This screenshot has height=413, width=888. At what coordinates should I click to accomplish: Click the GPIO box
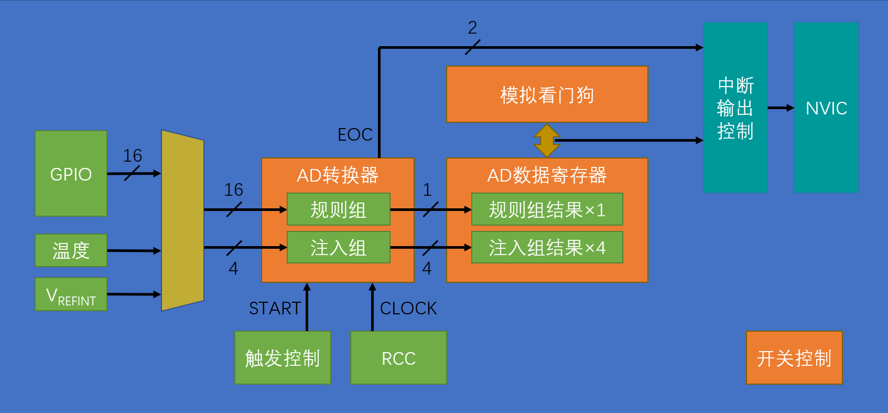point(71,173)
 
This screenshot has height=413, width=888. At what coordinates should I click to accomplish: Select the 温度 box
point(71,250)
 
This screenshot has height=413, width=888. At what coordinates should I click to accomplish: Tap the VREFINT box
point(71,294)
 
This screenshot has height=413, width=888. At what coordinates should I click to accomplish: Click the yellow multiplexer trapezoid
point(182,220)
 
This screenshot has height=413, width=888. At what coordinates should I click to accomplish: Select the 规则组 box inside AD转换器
point(338,209)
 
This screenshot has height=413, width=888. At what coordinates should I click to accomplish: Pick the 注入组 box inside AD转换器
point(338,247)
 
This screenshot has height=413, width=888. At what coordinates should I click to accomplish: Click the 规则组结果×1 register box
point(547,209)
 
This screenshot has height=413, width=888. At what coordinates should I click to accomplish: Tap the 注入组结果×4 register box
point(547,247)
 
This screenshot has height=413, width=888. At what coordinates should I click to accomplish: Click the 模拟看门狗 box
point(547,94)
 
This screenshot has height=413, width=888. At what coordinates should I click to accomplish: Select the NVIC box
point(826,108)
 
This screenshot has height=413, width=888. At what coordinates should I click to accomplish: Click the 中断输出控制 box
point(735,108)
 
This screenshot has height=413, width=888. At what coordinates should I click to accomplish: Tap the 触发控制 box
point(283,358)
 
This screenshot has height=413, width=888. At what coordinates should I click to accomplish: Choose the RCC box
point(398,358)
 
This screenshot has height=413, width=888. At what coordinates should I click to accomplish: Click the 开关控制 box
point(794,358)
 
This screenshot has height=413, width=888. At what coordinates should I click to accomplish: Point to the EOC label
point(355,135)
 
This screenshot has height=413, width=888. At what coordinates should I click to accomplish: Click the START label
point(275,308)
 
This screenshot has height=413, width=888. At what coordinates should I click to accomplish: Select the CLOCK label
point(408,308)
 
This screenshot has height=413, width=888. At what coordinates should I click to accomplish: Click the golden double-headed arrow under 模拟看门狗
point(547,140)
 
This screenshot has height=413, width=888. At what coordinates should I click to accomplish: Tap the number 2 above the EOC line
point(472,28)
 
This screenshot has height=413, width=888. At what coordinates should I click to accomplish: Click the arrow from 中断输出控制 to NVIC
point(781,108)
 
